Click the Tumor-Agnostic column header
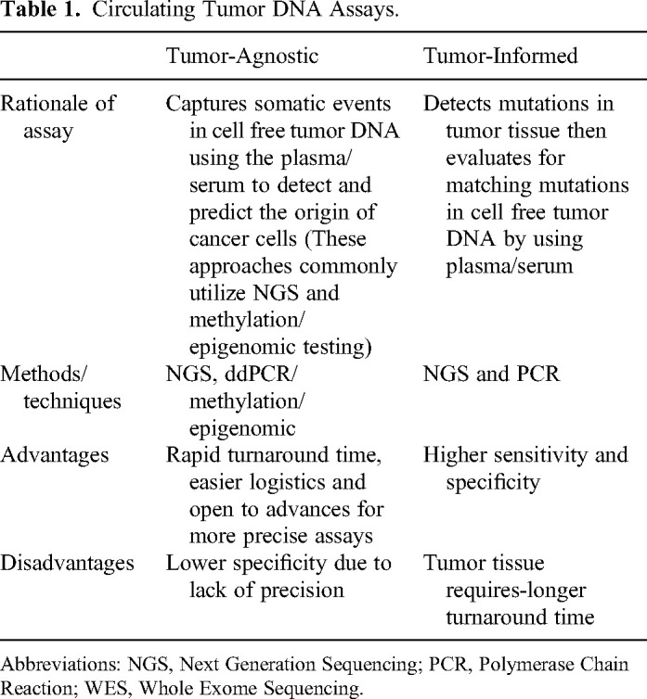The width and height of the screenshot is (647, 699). (241, 56)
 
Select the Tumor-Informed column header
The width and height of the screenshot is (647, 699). (499, 56)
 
